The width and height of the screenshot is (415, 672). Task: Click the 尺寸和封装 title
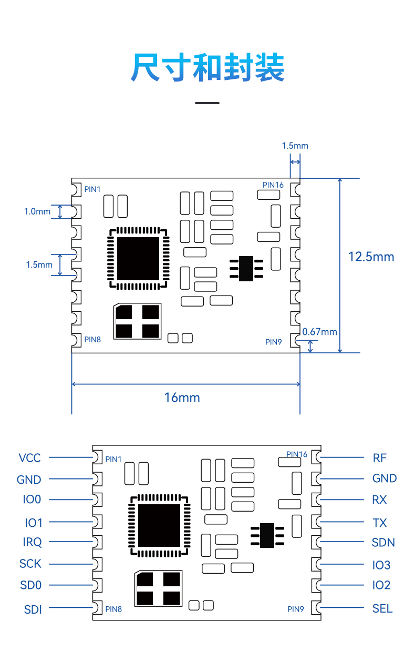pyautogui.click(x=207, y=67)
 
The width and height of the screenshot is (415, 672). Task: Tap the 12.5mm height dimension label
pyautogui.click(x=371, y=257)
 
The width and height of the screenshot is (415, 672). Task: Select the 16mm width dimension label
pyautogui.click(x=182, y=398)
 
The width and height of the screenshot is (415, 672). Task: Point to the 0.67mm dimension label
pyautogui.click(x=319, y=332)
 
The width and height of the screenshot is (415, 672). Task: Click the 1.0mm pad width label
pyautogui.click(x=37, y=211)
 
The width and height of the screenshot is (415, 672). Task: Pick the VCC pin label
pyautogui.click(x=29, y=458)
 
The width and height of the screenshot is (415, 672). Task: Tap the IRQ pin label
pyautogui.click(x=33, y=542)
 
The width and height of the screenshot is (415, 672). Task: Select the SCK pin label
pyautogui.click(x=30, y=564)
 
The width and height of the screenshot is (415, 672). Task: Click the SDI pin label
pyautogui.click(x=33, y=609)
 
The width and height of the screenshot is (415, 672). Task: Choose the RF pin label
pyautogui.click(x=380, y=458)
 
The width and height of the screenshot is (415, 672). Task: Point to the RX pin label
pyautogui.click(x=379, y=500)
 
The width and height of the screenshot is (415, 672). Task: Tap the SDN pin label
pyautogui.click(x=383, y=543)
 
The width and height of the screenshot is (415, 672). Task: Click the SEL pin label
pyautogui.click(x=382, y=609)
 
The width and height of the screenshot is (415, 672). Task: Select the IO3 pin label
pyautogui.click(x=381, y=565)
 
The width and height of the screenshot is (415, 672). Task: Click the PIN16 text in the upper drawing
pyautogui.click(x=273, y=185)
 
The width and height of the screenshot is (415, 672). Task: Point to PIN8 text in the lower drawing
pyautogui.click(x=113, y=609)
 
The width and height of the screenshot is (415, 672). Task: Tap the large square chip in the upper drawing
pyautogui.click(x=138, y=259)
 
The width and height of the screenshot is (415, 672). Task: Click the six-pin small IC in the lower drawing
pyautogui.click(x=267, y=535)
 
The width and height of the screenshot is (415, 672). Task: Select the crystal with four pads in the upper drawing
pyautogui.click(x=137, y=321)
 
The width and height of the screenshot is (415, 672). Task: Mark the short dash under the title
pyautogui.click(x=207, y=103)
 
